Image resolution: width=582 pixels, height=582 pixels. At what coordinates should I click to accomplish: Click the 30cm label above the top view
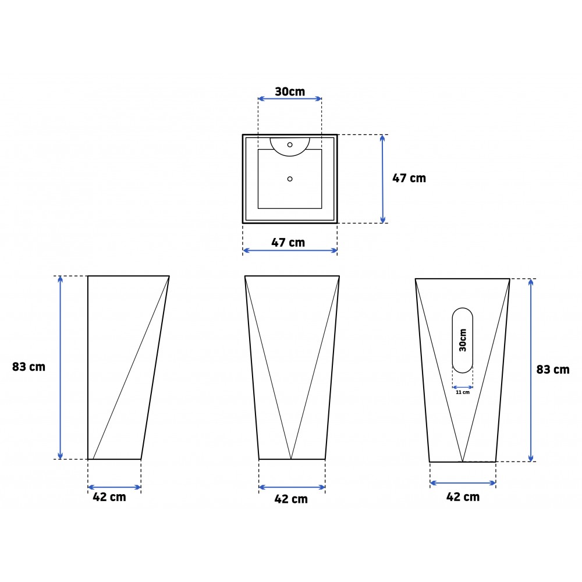[x=290, y=91]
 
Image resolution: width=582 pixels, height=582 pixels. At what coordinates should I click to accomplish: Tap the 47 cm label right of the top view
[x=409, y=178]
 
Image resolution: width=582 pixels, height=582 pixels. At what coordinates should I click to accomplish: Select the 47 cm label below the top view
[x=288, y=242]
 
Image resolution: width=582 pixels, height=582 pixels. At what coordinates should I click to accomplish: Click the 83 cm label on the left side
[x=29, y=367]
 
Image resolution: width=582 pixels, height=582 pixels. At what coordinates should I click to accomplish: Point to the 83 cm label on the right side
[x=553, y=370]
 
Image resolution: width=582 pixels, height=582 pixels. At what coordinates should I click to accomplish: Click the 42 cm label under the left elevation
[x=109, y=497]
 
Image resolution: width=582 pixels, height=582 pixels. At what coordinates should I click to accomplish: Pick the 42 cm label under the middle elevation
[x=291, y=499]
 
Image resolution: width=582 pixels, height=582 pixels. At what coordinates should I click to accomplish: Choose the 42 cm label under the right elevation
[x=463, y=497]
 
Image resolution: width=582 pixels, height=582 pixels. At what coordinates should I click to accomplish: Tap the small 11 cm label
[x=463, y=392]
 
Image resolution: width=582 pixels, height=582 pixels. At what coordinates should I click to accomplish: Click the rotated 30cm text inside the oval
[x=463, y=340]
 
